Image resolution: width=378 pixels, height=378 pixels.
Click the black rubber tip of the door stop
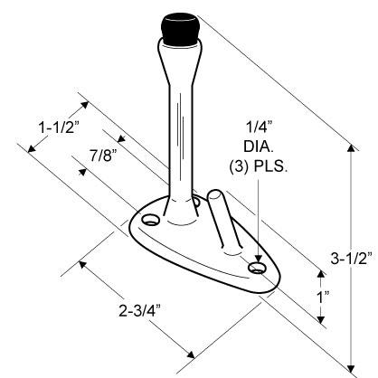point(180,30)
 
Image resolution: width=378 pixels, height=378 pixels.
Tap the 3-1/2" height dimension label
point(352,259)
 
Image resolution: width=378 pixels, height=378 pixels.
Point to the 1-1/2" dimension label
point(60,128)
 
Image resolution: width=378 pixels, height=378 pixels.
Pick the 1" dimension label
point(322,297)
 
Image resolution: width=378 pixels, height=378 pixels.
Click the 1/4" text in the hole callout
point(260,128)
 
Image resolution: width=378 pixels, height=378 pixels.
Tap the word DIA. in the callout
point(259,146)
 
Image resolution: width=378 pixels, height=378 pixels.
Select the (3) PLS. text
point(259,166)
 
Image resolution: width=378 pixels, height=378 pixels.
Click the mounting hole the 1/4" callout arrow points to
point(257,268)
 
